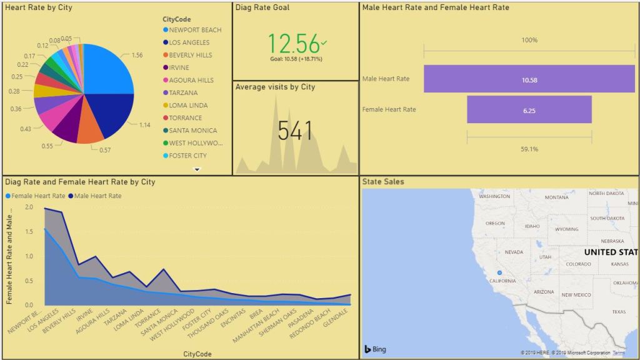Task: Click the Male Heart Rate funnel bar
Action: click(529, 79)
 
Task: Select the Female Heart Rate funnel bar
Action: click(529, 110)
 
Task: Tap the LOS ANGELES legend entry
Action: click(189, 42)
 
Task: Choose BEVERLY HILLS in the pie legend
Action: click(190, 55)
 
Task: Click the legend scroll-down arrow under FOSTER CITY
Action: click(197, 169)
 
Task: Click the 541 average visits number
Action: click(296, 131)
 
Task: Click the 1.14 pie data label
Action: click(144, 124)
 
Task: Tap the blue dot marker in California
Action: click(499, 273)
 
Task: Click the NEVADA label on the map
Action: click(513, 252)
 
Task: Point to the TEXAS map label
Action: click(619, 311)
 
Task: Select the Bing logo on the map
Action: click(375, 349)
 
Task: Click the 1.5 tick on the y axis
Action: click(29, 231)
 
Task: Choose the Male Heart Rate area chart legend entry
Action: click(98, 196)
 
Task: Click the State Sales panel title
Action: click(383, 182)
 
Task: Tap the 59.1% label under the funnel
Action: click(529, 149)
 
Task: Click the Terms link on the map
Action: click(618, 353)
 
